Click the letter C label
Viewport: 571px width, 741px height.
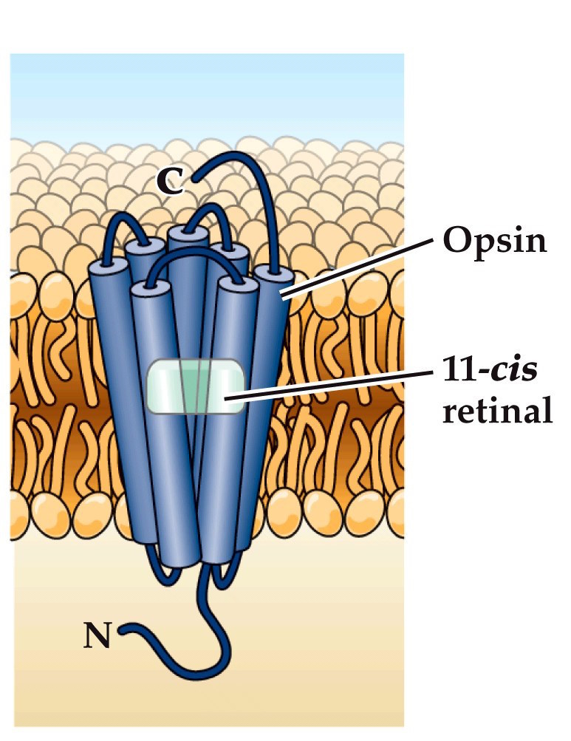click(x=171, y=182)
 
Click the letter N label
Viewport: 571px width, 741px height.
click(x=98, y=636)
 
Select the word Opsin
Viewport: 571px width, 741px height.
click(x=494, y=241)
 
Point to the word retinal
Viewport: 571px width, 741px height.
click(x=496, y=411)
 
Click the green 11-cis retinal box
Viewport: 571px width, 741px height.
click(x=195, y=386)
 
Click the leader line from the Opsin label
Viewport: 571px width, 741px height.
click(x=355, y=267)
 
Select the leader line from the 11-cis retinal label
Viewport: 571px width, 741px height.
click(x=332, y=386)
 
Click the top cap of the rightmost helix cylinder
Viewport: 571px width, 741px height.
click(x=272, y=276)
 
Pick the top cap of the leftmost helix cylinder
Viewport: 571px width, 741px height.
click(x=103, y=267)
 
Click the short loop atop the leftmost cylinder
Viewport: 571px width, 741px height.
click(x=118, y=225)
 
